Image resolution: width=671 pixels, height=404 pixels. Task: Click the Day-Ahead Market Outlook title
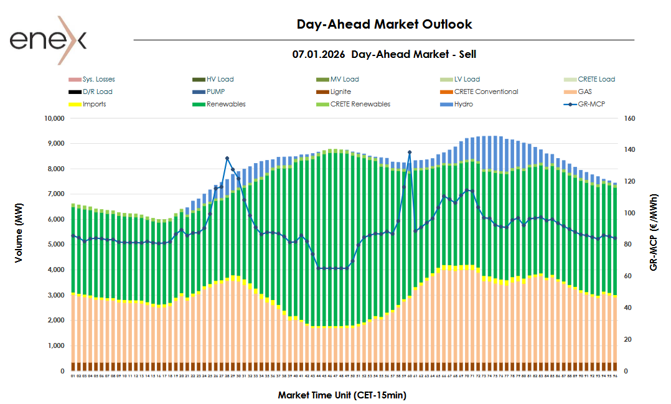(x=384, y=24)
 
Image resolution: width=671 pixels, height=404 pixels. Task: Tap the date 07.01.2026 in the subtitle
(x=319, y=55)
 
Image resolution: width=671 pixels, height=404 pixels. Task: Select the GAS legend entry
(x=584, y=92)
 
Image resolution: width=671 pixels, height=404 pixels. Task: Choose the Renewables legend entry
(x=226, y=104)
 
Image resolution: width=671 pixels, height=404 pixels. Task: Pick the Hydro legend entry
(x=463, y=104)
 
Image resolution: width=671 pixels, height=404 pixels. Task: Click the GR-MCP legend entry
(x=591, y=104)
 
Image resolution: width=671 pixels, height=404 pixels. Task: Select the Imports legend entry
(x=94, y=104)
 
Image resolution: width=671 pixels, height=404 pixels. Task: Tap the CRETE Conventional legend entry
(x=486, y=92)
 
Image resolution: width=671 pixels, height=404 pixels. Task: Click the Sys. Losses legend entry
(x=98, y=79)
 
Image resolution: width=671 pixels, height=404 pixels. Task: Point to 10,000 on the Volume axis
(x=52, y=118)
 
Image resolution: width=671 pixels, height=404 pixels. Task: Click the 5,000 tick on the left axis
(x=55, y=245)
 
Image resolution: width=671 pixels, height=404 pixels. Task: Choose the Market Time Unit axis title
(x=342, y=395)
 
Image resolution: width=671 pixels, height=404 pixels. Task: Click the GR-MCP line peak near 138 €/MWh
(x=410, y=152)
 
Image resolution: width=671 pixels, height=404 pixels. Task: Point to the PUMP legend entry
(x=218, y=92)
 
